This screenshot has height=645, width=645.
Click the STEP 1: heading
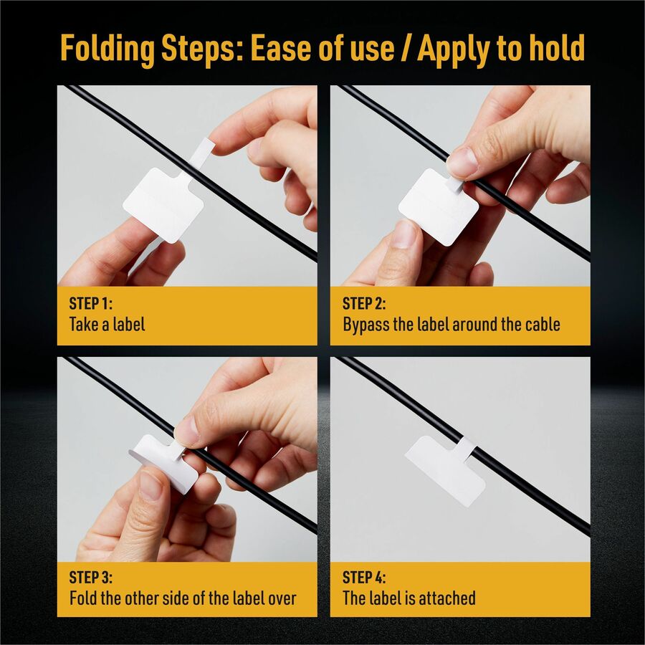(x=90, y=304)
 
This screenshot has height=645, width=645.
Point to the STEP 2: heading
(x=364, y=304)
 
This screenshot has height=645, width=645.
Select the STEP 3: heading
(x=90, y=577)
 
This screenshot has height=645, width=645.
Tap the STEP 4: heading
(x=364, y=577)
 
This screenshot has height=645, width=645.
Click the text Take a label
(x=107, y=324)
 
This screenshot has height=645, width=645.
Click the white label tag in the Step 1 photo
(x=163, y=205)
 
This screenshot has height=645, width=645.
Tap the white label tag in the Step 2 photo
(x=439, y=207)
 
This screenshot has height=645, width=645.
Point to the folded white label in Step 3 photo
(x=163, y=464)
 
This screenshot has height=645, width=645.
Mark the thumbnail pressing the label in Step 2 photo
(x=463, y=161)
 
